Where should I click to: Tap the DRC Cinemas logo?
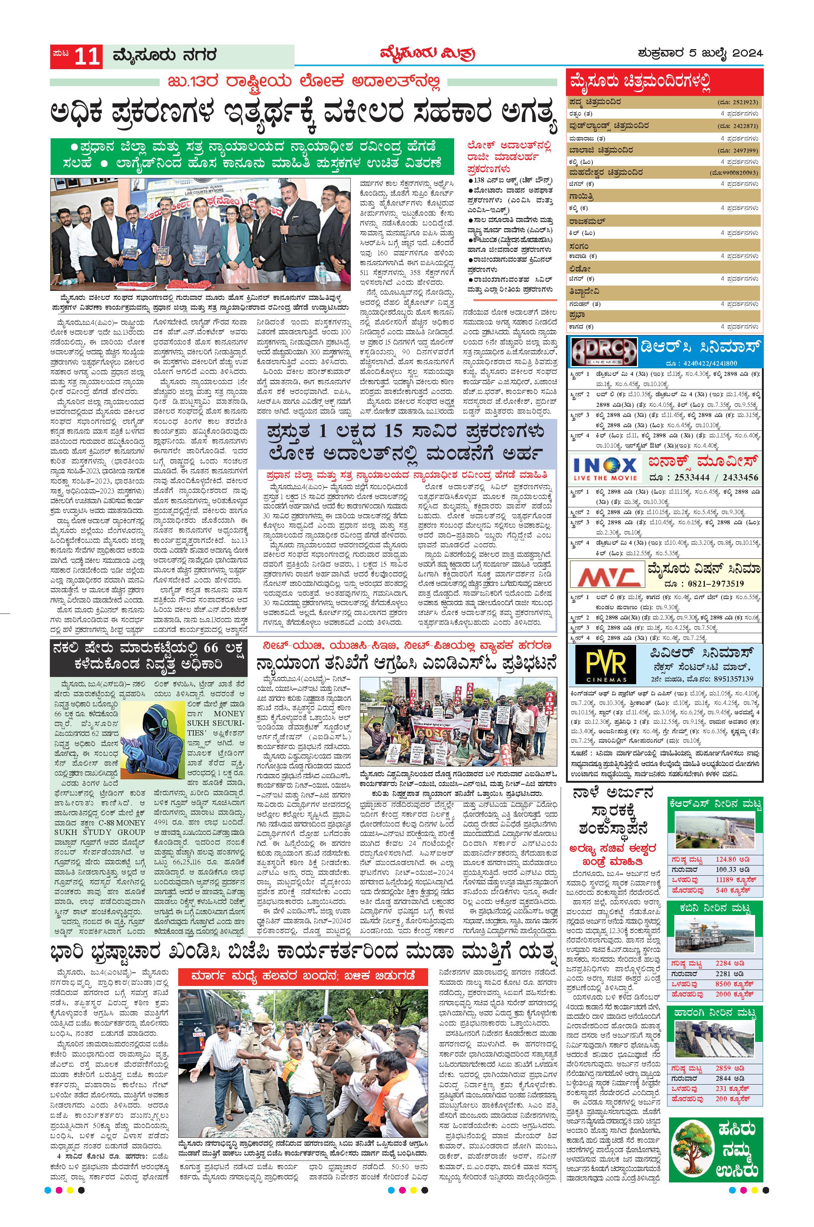coord(603,352)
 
